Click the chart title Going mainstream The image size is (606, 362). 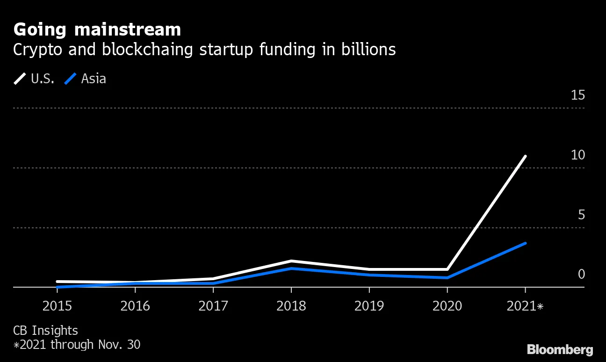click(97, 30)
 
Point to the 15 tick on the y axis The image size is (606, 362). click(578, 95)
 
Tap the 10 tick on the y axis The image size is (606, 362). click(578, 155)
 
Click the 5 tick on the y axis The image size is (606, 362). click(581, 215)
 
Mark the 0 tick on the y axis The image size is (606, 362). click(581, 274)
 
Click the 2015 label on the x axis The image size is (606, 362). click(57, 306)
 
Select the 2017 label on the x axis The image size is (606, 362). click(213, 306)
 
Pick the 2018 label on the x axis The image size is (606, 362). click(291, 306)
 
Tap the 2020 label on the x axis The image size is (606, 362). click(447, 306)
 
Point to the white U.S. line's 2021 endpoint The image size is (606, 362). click(526, 156)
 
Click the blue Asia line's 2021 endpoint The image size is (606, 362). click(526, 243)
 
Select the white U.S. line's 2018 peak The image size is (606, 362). click(291, 261)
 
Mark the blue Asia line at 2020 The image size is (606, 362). click(447, 278)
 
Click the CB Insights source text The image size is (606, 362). click(45, 331)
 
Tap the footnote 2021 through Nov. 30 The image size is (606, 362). click(77, 345)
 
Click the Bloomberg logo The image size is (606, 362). click(560, 349)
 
